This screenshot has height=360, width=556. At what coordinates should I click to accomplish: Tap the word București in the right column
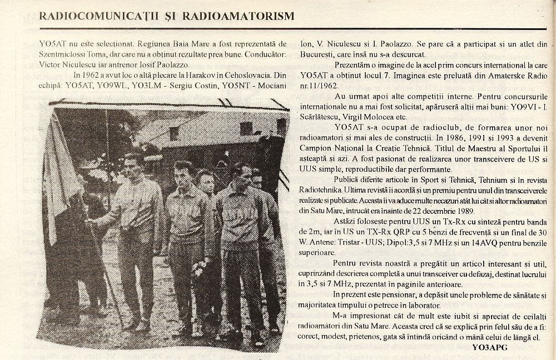coord(317,54)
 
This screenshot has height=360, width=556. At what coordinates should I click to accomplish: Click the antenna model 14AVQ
coord(471,242)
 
